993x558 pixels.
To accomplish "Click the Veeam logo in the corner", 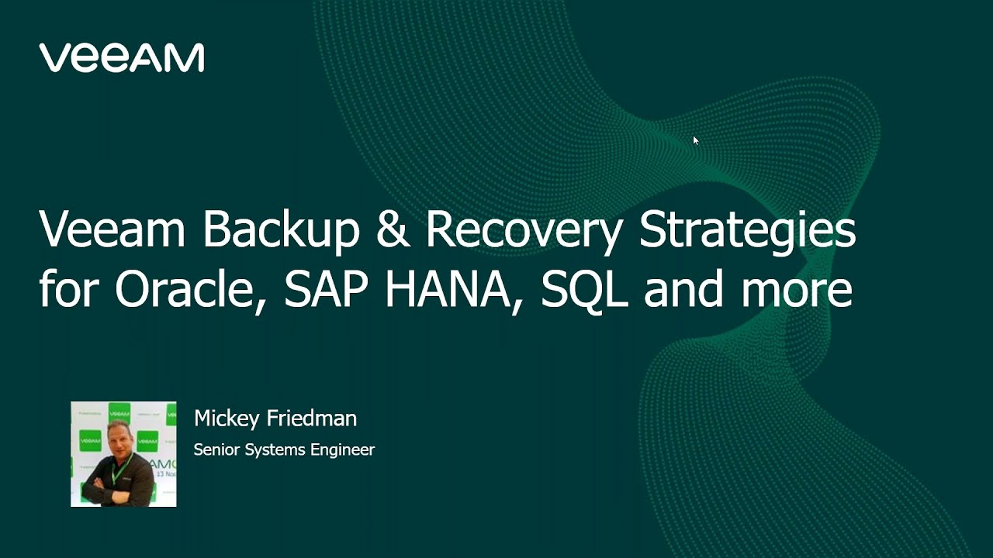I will point(122,58).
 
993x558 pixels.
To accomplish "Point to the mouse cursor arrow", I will point(695,140).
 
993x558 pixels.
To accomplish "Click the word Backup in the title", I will point(282,231).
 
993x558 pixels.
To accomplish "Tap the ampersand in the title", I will point(394,231).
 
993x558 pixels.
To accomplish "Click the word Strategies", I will point(747,231).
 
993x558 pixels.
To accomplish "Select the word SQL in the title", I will point(584,290).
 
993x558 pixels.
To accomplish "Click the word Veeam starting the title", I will point(112,231).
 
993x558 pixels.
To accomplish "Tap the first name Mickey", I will point(227,418).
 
